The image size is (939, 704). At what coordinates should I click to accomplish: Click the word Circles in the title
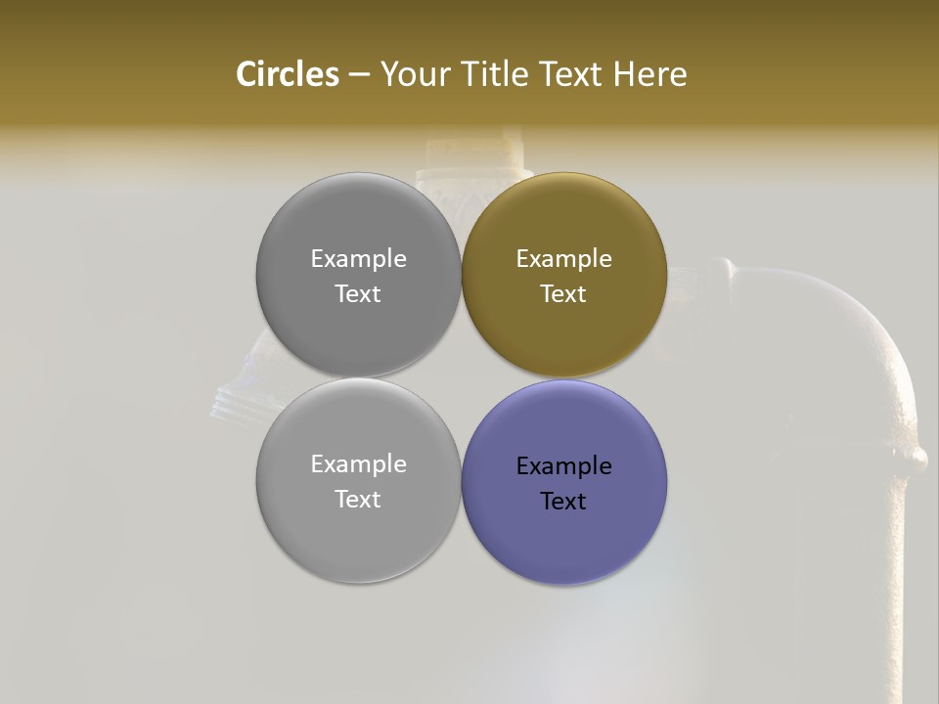click(287, 74)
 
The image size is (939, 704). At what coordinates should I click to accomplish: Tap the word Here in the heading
click(649, 74)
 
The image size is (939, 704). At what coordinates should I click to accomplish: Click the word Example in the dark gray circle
click(358, 259)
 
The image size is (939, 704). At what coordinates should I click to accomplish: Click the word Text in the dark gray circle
click(358, 294)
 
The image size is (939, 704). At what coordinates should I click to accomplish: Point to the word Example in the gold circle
click(563, 259)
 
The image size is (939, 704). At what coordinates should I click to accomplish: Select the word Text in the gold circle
click(563, 294)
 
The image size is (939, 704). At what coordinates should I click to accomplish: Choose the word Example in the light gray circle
click(358, 464)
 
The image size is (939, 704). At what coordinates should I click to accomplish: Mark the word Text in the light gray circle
click(358, 500)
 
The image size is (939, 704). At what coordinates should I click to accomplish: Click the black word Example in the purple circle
click(563, 466)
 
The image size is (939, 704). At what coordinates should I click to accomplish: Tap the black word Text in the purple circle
click(563, 502)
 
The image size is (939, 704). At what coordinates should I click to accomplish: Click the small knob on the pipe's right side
click(917, 457)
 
